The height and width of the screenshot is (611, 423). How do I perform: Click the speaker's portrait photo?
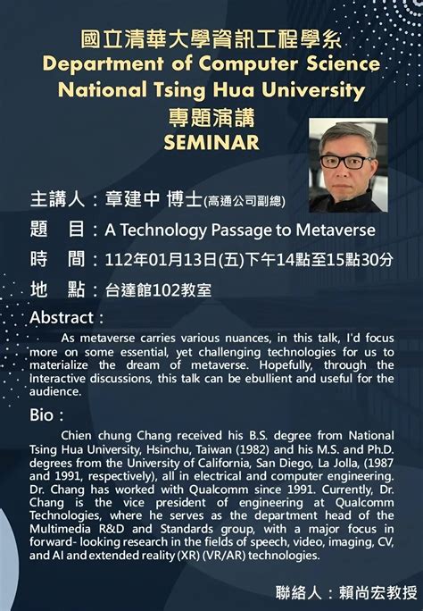click(x=348, y=165)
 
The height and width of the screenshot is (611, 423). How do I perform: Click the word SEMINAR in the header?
click(x=211, y=142)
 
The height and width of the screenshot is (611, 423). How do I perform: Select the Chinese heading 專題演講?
click(x=211, y=117)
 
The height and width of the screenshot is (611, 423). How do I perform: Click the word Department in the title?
click(x=104, y=64)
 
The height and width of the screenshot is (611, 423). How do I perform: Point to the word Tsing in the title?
click(x=179, y=91)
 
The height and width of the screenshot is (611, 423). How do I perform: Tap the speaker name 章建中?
click(x=132, y=198)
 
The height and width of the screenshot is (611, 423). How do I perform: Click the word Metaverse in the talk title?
click(x=336, y=230)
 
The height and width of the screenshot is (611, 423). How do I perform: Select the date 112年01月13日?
click(x=161, y=260)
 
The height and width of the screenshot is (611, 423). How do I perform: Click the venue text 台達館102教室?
click(x=158, y=290)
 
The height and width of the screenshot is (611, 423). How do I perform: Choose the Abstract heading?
click(x=62, y=318)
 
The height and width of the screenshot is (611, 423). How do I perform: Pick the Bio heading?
click(x=42, y=415)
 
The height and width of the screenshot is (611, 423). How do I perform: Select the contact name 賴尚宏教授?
click(x=377, y=592)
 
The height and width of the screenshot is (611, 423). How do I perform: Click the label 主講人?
click(x=57, y=198)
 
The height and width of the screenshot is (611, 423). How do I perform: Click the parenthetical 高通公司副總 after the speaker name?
click(x=245, y=201)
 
